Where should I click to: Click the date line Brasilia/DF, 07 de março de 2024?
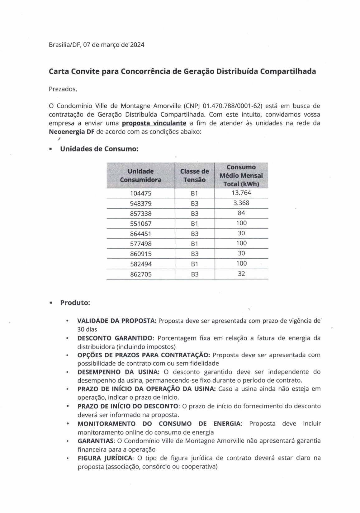[x=97, y=45]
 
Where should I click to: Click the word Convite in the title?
[x=86, y=72]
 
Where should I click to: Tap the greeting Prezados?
[x=63, y=89]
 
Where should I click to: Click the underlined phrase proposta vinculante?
[x=154, y=123]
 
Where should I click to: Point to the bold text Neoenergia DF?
[x=72, y=132]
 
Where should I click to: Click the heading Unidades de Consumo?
[x=99, y=149]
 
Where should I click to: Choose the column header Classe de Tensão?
[x=194, y=176]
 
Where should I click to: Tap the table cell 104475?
[x=141, y=193]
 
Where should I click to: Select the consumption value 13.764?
[x=241, y=193]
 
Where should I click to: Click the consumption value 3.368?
[x=241, y=203]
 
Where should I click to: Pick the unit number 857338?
[x=141, y=214]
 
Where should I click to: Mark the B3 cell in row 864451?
[x=195, y=234]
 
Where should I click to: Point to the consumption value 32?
[x=241, y=274]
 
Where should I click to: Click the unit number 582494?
[x=141, y=264]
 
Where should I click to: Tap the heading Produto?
[x=75, y=303]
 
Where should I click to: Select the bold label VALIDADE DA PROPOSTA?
[x=116, y=321]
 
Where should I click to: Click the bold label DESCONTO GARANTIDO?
[x=115, y=338]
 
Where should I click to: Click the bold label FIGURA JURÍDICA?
[x=105, y=458]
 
